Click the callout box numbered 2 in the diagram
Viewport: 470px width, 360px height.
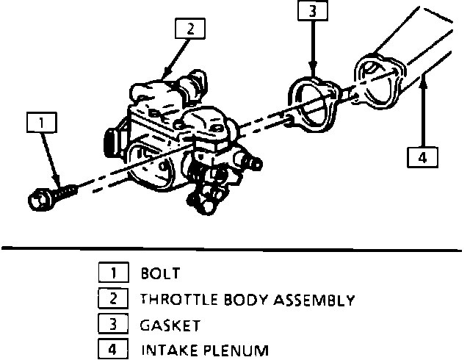(190, 29)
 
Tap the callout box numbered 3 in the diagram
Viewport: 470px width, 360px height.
(312, 12)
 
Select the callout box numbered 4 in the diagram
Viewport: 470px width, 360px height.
(422, 157)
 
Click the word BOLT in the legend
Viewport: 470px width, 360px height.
(159, 275)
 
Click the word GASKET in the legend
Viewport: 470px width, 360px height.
(170, 325)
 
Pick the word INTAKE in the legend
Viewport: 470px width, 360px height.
(165, 350)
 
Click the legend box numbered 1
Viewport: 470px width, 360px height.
(112, 274)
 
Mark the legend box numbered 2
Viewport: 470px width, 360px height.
(112, 299)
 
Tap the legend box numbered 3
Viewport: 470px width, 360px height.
(112, 324)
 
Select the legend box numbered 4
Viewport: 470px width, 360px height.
(112, 349)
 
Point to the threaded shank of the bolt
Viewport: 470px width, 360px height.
(64, 192)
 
